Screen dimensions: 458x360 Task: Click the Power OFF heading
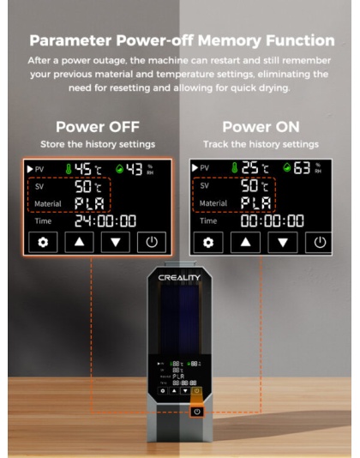point(91,126)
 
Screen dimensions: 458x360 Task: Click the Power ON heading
point(261,126)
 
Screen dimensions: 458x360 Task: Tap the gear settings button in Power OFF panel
point(45,243)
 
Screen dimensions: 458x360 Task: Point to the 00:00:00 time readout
point(270,220)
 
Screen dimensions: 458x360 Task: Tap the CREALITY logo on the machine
point(179,279)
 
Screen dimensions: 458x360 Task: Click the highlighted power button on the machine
point(197,412)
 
